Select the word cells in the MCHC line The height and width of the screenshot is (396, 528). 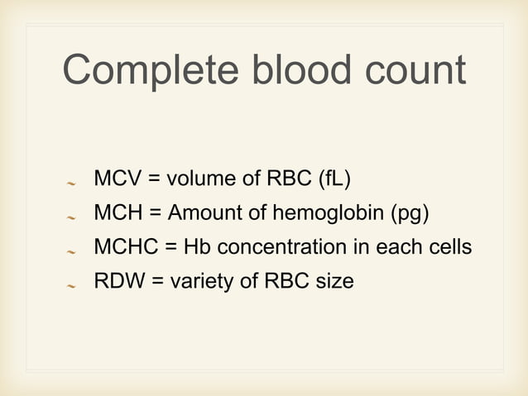448,246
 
